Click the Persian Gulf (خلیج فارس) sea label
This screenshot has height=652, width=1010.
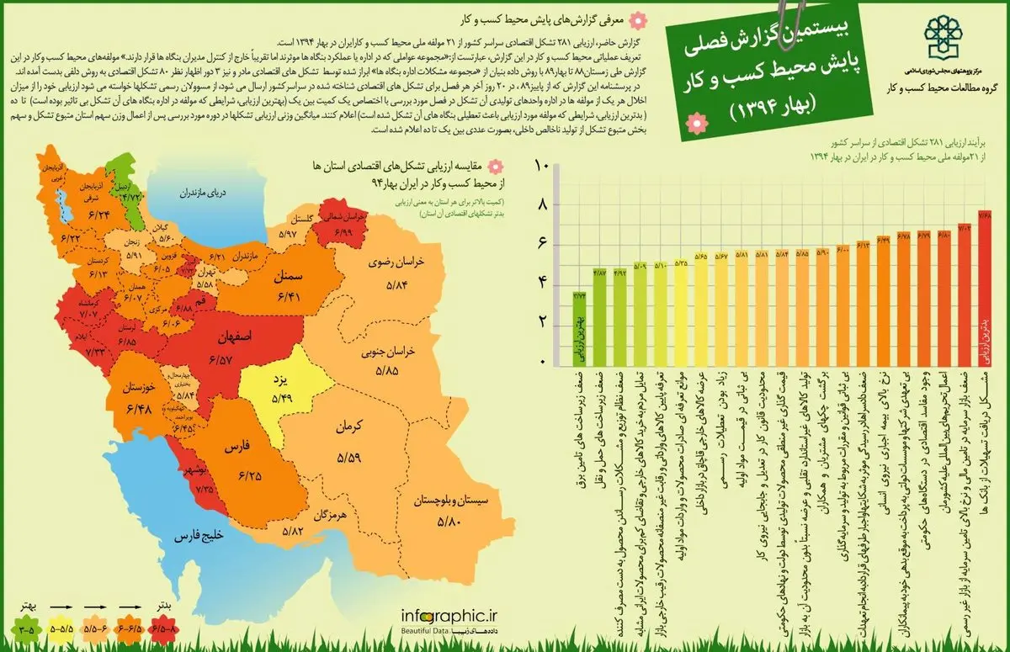[x=197, y=536]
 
